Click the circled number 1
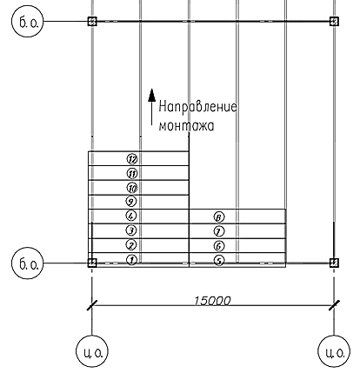click(132, 260)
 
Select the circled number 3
click(131, 230)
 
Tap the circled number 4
click(131, 216)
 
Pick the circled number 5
click(219, 261)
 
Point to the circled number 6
click(219, 246)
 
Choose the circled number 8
click(219, 216)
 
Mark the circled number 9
click(131, 201)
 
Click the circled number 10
click(132, 188)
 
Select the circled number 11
click(132, 174)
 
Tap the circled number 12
click(132, 159)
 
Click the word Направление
click(198, 107)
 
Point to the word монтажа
click(186, 126)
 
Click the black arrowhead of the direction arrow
click(151, 95)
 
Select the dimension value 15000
click(212, 301)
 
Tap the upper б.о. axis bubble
click(27, 22)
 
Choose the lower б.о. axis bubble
click(27, 263)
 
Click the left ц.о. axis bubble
click(92, 351)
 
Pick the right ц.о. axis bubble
click(334, 351)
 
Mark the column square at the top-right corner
click(334, 21)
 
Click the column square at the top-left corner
click(92, 21)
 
